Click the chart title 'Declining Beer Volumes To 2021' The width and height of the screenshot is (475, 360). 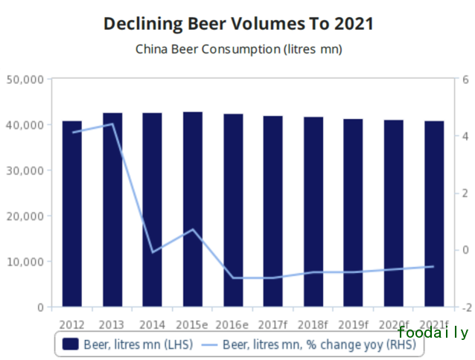click(x=238, y=24)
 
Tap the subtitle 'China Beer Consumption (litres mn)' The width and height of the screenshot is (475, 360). click(x=238, y=50)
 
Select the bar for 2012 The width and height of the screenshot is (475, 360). click(x=72, y=216)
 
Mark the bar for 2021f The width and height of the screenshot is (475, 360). click(x=433, y=216)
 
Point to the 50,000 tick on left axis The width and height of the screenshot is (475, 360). click(x=25, y=79)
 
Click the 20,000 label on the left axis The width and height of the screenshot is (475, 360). click(x=25, y=216)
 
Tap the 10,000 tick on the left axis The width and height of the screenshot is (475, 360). click(x=25, y=262)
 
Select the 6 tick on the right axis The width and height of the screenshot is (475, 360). click(x=465, y=79)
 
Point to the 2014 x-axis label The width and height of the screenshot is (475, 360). click(x=152, y=324)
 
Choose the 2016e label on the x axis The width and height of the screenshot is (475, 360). click(x=232, y=324)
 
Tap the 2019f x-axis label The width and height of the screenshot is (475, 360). click(x=353, y=324)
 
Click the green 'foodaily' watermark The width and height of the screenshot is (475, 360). click(x=433, y=333)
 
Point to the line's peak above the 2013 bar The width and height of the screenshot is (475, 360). click(x=112, y=124)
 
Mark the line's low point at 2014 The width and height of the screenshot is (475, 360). click(x=153, y=252)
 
